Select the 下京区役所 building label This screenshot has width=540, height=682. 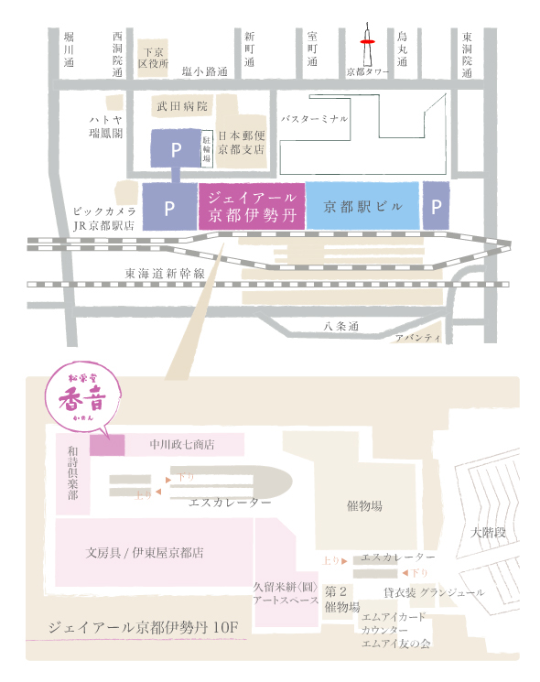tap(153, 59)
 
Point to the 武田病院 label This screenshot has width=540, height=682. tap(184, 107)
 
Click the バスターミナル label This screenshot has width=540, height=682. tap(316, 119)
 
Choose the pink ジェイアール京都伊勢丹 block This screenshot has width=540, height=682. tap(250, 205)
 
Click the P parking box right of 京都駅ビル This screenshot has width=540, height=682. tap(436, 206)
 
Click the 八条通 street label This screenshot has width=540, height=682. tap(341, 326)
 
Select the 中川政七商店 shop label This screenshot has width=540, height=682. tap(182, 445)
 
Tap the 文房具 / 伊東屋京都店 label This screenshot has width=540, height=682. tap(145, 553)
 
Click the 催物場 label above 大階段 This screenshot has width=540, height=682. tap(364, 506)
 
